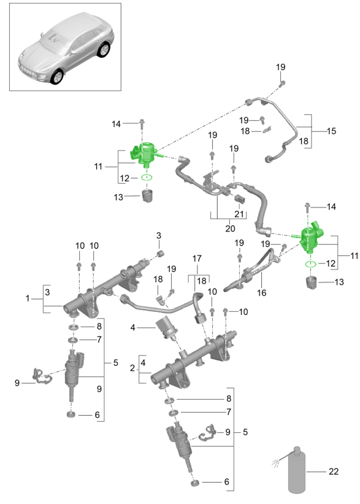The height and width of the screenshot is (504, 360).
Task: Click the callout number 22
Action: click(x=334, y=471)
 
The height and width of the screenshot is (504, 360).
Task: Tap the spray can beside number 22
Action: click(x=296, y=470)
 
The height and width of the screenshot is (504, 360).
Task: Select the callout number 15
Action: click(x=331, y=131)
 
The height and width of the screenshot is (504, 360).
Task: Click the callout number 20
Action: click(x=230, y=228)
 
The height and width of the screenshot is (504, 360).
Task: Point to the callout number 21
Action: click(x=239, y=214)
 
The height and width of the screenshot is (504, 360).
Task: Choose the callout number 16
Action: click(x=262, y=292)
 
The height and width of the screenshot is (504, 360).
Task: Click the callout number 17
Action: click(x=197, y=258)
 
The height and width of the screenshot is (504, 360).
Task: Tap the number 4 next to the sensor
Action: click(x=132, y=328)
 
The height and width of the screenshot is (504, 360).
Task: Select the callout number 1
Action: click(x=28, y=298)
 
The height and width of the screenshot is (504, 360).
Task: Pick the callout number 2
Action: click(x=132, y=368)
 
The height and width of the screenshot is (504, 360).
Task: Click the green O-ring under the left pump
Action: click(x=147, y=177)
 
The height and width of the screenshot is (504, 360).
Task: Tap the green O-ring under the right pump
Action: click(x=310, y=264)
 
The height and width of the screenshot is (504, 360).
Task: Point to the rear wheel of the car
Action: click(x=104, y=50)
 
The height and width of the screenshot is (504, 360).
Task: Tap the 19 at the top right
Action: click(x=281, y=67)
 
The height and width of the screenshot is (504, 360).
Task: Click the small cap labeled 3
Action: click(x=161, y=254)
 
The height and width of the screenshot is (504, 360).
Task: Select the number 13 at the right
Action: click(x=339, y=282)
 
